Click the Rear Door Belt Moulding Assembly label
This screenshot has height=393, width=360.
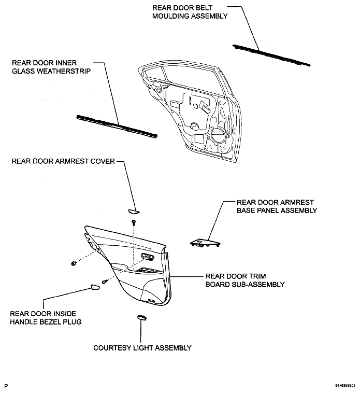(190, 12)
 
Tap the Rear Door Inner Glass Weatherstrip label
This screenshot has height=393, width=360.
(51, 67)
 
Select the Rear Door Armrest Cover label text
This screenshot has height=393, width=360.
(63, 161)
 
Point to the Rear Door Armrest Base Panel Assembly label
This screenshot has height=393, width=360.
(277, 206)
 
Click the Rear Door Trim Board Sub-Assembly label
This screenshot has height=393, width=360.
(245, 280)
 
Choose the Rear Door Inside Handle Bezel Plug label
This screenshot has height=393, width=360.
(46, 317)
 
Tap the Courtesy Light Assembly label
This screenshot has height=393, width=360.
(142, 348)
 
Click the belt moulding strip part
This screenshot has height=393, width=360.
(271, 55)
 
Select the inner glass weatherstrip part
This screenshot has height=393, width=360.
(117, 127)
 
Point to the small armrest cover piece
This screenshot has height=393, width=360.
(134, 212)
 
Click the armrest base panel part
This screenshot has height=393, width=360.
(205, 243)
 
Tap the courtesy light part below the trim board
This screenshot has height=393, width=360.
(142, 317)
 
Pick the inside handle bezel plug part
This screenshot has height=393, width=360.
(95, 287)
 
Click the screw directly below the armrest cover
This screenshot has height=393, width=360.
(134, 222)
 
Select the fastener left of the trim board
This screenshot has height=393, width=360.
(74, 263)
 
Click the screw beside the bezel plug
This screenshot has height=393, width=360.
(105, 282)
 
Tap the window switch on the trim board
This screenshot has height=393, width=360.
(148, 256)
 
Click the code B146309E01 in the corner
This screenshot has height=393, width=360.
(345, 385)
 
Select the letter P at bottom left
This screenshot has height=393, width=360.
(6, 386)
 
